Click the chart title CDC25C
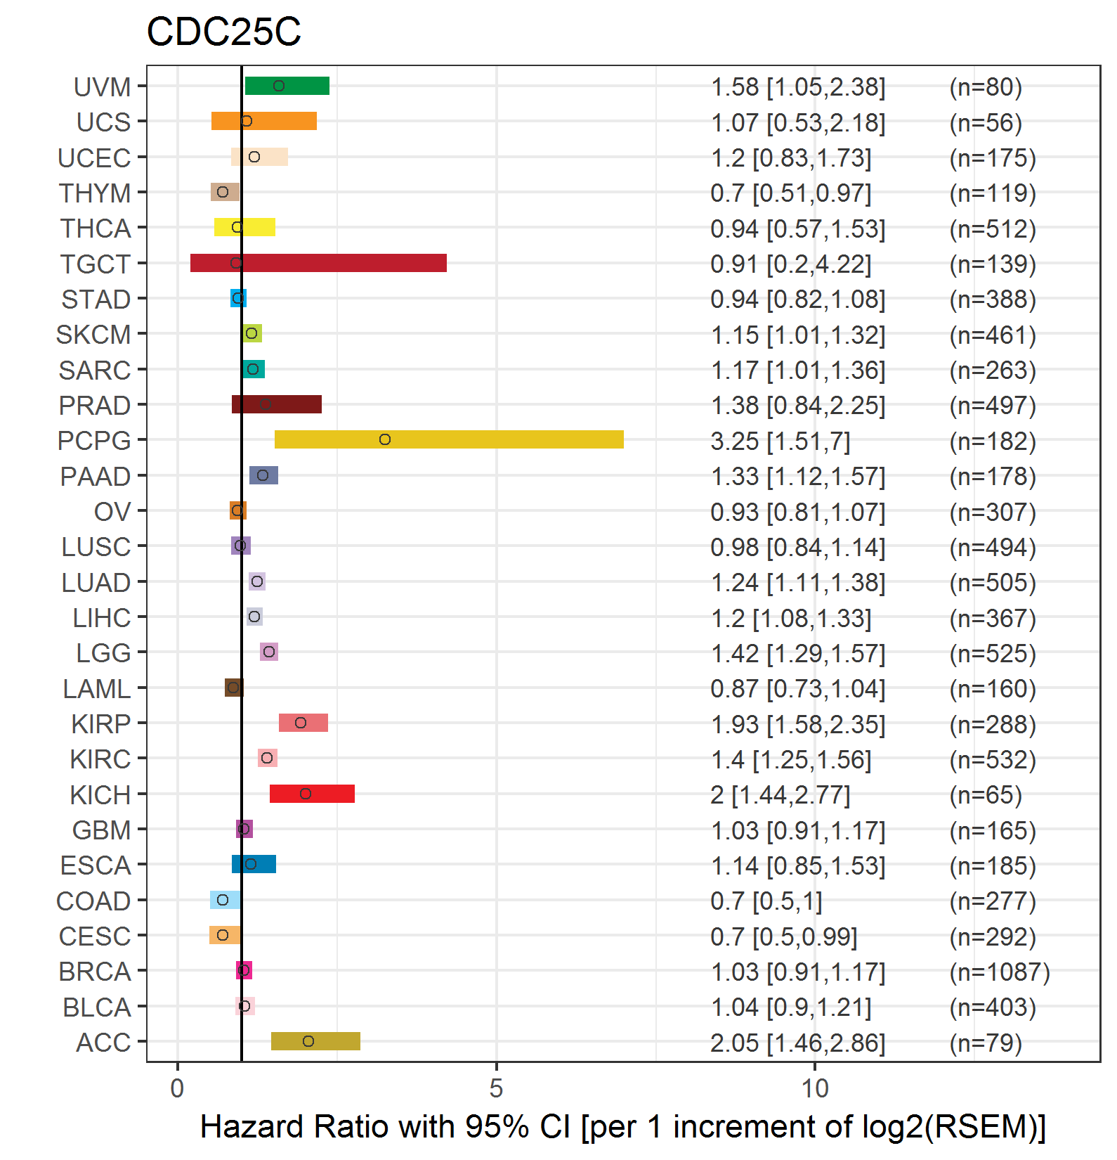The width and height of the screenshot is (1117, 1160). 223,32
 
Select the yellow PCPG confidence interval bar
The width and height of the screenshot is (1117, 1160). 449,439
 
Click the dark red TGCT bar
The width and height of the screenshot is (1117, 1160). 318,263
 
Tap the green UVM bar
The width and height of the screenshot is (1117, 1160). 287,86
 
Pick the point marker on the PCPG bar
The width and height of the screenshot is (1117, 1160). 385,439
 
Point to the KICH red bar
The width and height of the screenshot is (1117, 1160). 312,794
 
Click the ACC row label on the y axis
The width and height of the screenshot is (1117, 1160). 103,1042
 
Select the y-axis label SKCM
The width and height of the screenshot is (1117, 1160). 93,335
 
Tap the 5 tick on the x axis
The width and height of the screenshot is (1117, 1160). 497,1088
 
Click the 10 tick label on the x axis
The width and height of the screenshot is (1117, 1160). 815,1088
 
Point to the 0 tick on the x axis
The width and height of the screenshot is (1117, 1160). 178,1088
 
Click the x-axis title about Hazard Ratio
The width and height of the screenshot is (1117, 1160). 622,1126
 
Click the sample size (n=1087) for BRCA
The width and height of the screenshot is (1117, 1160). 999,972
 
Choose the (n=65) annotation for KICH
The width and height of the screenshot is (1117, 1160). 985,794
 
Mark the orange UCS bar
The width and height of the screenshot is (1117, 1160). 264,121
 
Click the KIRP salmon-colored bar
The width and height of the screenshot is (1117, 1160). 303,723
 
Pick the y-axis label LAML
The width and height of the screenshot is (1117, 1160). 96,688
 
